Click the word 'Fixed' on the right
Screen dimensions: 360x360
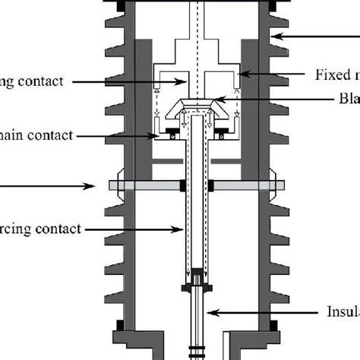331,74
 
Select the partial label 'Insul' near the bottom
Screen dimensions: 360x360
339,311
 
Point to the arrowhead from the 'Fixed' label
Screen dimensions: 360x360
237,74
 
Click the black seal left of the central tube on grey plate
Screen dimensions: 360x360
184,185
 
